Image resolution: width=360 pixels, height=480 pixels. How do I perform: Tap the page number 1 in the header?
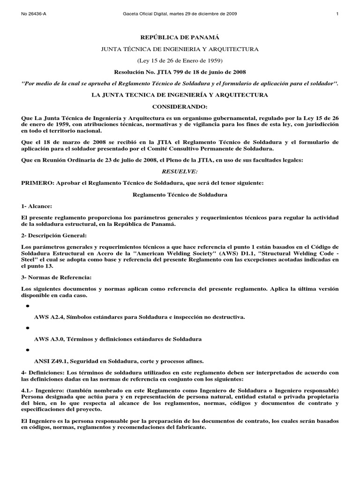337,14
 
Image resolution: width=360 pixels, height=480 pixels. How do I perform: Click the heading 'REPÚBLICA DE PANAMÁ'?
180,37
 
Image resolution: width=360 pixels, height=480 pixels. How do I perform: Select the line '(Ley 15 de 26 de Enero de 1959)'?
180,60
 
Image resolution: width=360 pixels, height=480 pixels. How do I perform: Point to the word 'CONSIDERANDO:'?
180,107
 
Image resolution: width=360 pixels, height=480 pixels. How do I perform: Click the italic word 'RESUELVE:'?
180,172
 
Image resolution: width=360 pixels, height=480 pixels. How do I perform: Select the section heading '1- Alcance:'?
37,206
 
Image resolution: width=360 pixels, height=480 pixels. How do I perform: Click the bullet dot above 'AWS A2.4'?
27,306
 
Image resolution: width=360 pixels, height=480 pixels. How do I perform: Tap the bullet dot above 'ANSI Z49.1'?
27,350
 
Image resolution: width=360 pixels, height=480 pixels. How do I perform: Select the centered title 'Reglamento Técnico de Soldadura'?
180,195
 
